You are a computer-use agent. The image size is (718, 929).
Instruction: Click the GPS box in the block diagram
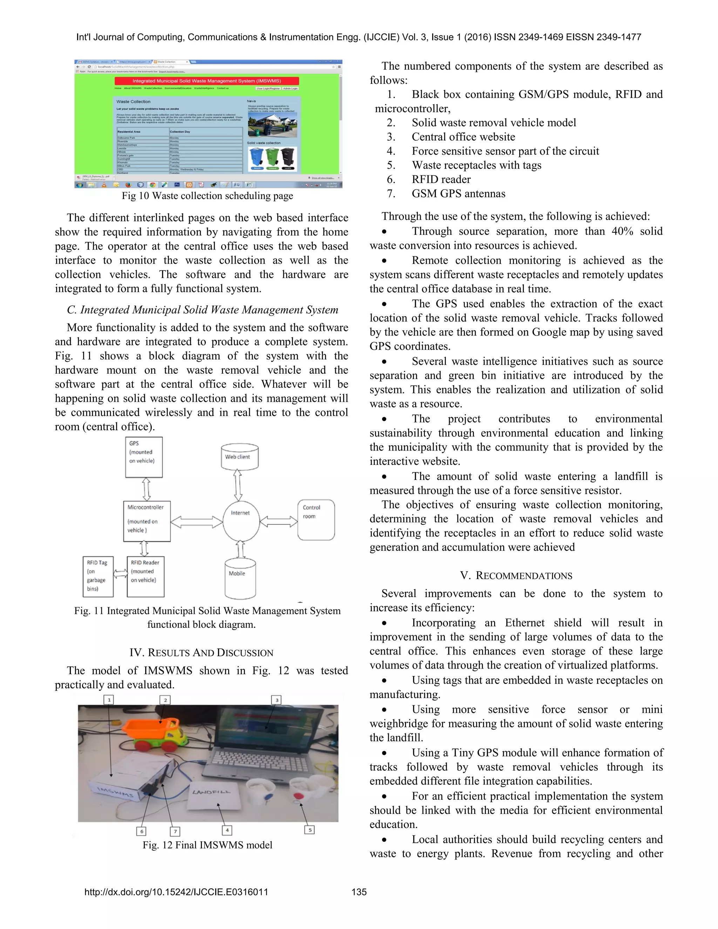(144, 457)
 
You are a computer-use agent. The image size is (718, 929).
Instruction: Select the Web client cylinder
(239, 457)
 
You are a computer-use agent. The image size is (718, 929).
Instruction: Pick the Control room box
(316, 520)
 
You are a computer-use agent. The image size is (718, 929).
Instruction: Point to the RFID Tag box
(98, 576)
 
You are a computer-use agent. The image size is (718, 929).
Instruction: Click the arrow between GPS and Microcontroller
(146, 489)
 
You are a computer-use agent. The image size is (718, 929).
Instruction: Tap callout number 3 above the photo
(277, 700)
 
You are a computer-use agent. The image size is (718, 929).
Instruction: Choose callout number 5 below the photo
(310, 829)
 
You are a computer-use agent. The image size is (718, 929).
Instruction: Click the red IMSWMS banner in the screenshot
(207, 81)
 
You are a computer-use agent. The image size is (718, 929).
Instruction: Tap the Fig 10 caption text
(207, 196)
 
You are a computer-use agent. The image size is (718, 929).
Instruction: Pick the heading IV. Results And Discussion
(201, 652)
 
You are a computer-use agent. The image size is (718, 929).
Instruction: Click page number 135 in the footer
(359, 892)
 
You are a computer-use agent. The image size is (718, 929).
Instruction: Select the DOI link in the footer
(176, 892)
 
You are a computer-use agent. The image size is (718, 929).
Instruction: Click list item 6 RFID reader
(441, 179)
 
